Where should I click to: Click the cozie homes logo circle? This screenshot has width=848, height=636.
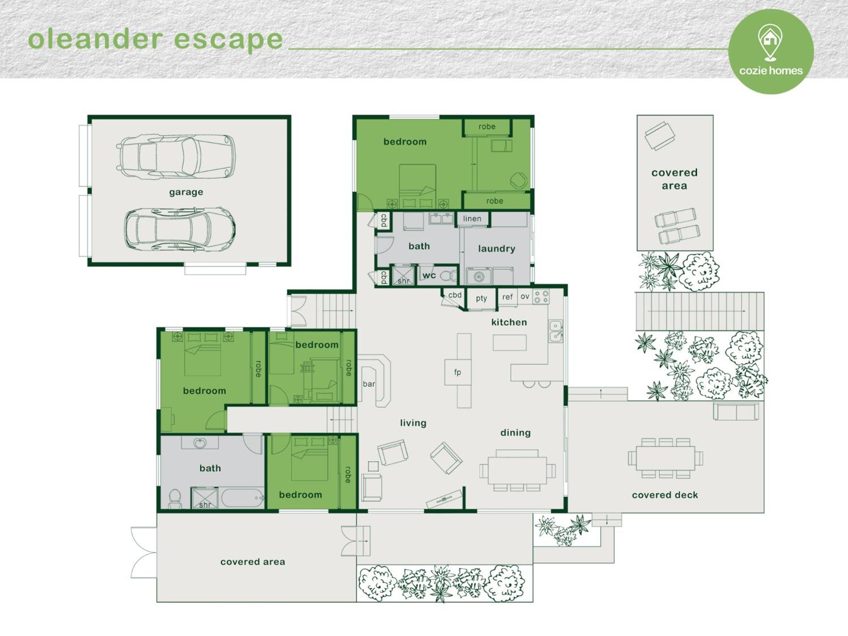(771, 51)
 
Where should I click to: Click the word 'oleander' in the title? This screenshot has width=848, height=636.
(96, 39)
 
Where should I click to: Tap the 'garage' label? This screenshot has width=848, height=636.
(186, 192)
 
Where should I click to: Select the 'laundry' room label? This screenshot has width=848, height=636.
(497, 248)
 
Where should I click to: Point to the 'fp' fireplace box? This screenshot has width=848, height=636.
(457, 372)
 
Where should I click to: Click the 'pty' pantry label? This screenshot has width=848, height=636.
(481, 298)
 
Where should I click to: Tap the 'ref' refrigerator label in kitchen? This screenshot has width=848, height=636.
(508, 297)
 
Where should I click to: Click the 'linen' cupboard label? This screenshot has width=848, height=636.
(472, 218)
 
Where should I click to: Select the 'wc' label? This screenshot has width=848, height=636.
(429, 275)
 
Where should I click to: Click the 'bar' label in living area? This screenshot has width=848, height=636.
(368, 384)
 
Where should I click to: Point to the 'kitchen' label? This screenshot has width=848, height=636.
(509, 322)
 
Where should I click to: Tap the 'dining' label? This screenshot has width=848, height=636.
(516, 432)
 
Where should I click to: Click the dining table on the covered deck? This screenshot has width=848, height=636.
(665, 458)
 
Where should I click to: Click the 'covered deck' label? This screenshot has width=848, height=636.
(665, 495)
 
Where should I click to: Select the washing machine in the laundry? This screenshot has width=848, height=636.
(479, 277)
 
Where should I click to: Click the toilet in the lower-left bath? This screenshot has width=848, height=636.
(175, 499)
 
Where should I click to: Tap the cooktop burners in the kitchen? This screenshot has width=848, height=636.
(541, 297)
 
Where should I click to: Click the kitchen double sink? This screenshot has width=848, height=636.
(556, 331)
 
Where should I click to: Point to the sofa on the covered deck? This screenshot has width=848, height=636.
(736, 412)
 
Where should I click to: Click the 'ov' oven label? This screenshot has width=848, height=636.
(525, 296)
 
